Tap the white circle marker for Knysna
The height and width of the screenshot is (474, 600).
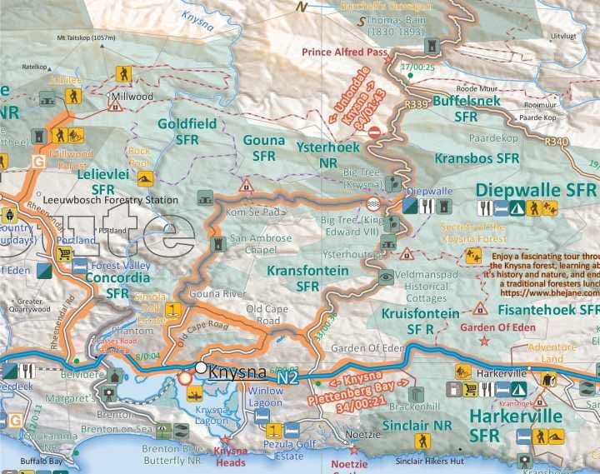[x=201, y=367]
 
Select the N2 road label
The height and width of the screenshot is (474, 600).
[x=287, y=378]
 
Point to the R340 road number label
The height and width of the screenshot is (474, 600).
[x=555, y=142]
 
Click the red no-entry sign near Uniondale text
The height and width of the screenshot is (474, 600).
[x=375, y=131]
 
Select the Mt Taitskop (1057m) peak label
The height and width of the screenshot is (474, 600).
[x=86, y=38]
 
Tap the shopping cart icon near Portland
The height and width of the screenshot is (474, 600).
[x=64, y=254]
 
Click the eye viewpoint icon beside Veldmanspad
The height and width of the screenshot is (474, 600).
[x=385, y=277]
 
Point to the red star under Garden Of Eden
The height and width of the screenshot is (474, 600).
[x=479, y=308]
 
